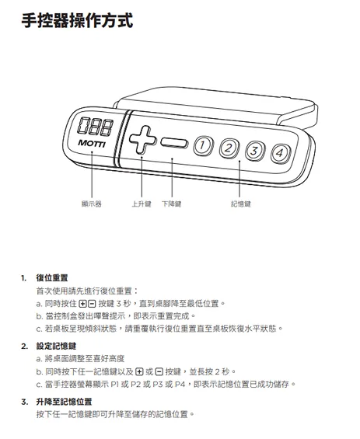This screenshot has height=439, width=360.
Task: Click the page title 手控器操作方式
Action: [77, 20]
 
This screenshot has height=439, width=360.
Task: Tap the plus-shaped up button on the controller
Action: [142, 140]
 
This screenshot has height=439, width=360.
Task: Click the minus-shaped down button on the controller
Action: [174, 143]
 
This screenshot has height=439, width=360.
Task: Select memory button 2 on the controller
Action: [229, 148]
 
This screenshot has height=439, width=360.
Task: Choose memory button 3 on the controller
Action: [255, 151]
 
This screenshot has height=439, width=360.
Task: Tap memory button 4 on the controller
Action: [280, 153]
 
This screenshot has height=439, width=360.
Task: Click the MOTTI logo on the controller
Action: [92, 144]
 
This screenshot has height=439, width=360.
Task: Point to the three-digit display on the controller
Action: [96, 127]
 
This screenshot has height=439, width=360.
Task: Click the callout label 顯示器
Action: [91, 204]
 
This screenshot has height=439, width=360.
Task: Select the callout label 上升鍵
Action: [142, 204]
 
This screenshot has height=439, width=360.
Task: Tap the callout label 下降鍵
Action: [172, 204]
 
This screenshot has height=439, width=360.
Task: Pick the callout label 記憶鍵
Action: [241, 204]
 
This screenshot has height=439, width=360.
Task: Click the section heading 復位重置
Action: [52, 278]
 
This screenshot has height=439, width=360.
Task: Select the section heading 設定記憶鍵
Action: [56, 346]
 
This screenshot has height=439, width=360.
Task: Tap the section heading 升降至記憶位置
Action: [65, 402]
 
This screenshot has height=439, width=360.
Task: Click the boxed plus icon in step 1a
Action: [83, 304]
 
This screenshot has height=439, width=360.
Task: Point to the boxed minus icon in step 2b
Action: [159, 372]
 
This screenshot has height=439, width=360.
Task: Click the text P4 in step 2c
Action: [180, 384]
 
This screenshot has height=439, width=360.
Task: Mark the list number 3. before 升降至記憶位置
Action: [25, 402]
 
